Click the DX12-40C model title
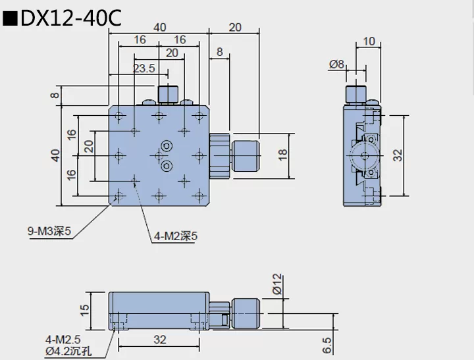71,18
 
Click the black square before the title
10,19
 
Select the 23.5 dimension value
144,68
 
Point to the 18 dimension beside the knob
282,155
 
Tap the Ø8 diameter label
336,64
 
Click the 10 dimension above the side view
369,41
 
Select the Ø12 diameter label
276,284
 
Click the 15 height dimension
84,309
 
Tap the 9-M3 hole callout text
49,231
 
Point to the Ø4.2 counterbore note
68,351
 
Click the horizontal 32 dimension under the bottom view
159,340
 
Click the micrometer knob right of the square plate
246,155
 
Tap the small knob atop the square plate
169,94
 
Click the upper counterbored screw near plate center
167,145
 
